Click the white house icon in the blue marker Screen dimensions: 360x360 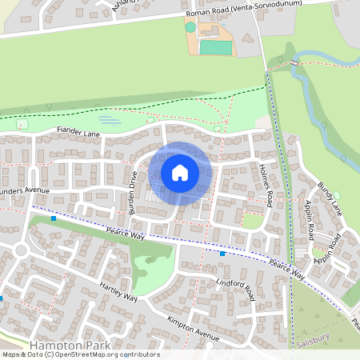(x=180, y=172)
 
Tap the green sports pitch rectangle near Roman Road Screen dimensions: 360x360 (x=215, y=47)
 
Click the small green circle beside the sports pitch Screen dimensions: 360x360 (x=190, y=27)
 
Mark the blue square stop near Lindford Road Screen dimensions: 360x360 (x=222, y=254)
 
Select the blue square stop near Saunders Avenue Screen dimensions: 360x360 (x=54, y=218)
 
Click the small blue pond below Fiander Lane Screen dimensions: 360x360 (x=110, y=121)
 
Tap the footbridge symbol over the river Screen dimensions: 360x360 (x=294, y=62)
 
